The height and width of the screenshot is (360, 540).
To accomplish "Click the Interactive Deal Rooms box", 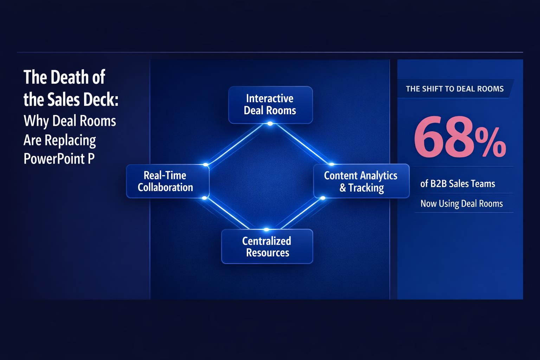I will [x=270, y=104].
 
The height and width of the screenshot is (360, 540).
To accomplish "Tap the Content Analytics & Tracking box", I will [x=361, y=181].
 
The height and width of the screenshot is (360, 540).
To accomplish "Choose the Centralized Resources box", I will [x=267, y=246].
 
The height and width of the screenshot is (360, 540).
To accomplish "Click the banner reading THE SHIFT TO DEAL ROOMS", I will [x=455, y=89].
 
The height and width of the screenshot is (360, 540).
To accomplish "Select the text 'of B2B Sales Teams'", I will [x=457, y=184].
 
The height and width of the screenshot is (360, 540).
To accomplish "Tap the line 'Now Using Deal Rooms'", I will [x=461, y=204].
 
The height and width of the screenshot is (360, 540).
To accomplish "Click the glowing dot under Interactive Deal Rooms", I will [x=270, y=124].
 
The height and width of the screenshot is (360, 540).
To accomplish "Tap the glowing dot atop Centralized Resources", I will [x=266, y=230].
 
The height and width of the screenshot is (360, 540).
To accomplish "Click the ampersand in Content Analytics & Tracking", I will [x=343, y=188].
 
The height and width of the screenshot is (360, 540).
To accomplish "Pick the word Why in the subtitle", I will [x=36, y=121].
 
